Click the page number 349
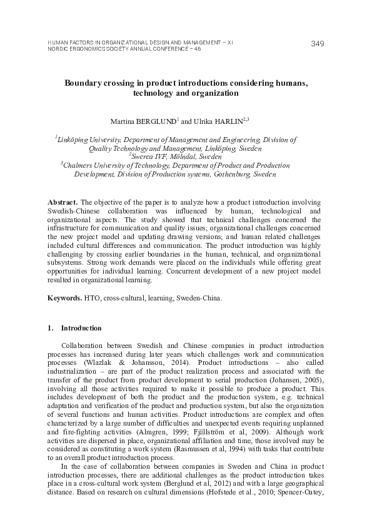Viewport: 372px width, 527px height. (317, 43)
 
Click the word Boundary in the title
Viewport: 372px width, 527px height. (85, 83)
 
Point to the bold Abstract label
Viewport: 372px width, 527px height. (63, 204)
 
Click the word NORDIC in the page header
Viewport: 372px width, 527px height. (59, 48)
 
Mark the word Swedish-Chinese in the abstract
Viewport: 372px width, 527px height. (74, 213)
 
